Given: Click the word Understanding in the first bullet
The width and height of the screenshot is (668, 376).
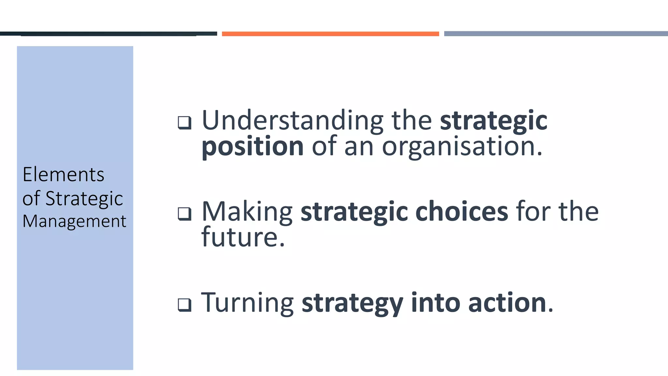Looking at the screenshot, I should (x=293, y=120).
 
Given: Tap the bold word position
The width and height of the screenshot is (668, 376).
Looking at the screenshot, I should (x=253, y=147).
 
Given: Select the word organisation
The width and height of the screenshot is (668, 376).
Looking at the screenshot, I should (x=462, y=147).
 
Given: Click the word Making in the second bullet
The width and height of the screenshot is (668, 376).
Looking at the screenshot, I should (x=247, y=211).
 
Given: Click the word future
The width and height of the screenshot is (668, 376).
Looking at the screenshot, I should (x=243, y=237).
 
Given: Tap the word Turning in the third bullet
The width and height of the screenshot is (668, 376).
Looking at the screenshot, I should (x=248, y=303).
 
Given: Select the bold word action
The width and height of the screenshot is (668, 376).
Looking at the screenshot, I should (x=507, y=303).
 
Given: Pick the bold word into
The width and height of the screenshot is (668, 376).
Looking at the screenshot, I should (x=436, y=303).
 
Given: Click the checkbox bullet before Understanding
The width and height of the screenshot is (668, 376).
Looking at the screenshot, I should (x=185, y=123).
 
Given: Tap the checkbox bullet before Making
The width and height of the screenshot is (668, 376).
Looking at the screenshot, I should (x=185, y=214).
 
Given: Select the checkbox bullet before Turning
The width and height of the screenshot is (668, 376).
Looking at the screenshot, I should (x=185, y=305).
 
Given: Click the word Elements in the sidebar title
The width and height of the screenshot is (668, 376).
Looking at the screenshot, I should (x=63, y=174).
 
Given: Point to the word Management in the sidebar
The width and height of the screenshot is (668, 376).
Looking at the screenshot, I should (x=74, y=221).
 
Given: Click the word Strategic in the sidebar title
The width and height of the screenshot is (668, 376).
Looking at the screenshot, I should (x=84, y=198).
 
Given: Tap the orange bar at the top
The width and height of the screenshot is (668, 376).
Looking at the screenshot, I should (x=330, y=34).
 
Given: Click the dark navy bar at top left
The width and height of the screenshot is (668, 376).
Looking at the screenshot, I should (x=109, y=34).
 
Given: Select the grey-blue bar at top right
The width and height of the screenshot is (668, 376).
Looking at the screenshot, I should (x=556, y=34).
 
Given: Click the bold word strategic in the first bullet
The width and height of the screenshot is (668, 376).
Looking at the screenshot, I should (x=493, y=120).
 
